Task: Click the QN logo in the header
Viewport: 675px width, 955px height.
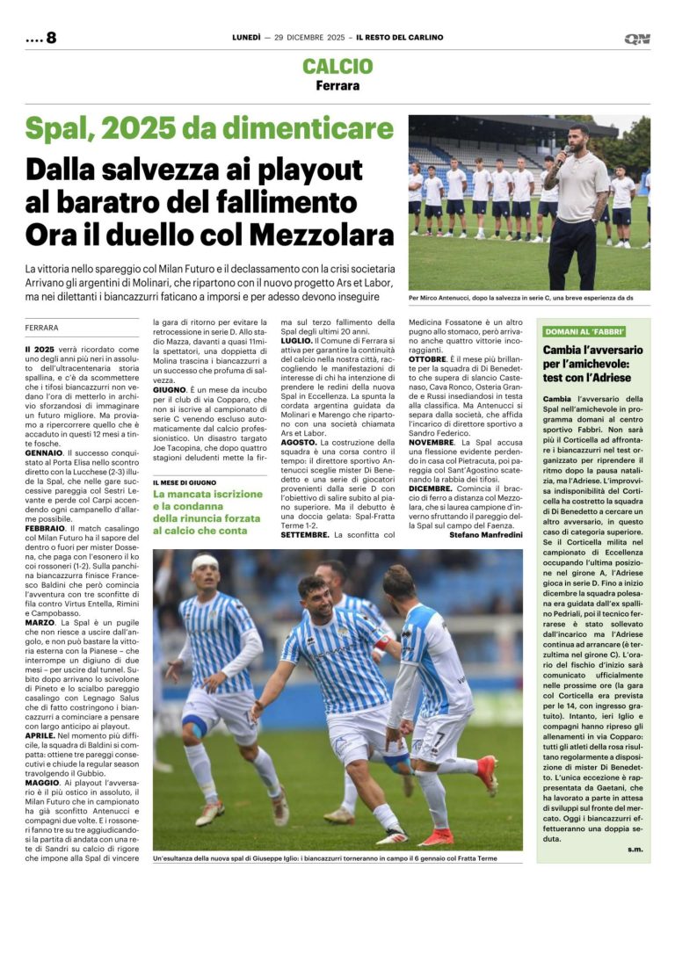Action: pyautogui.click(x=636, y=39)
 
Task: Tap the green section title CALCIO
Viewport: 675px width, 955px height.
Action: pyautogui.click(x=337, y=67)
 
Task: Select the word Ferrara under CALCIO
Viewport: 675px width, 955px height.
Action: pyautogui.click(x=337, y=86)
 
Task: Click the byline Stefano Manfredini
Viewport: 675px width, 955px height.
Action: pyautogui.click(x=485, y=533)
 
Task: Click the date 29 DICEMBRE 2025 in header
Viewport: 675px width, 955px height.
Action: pyautogui.click(x=306, y=38)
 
